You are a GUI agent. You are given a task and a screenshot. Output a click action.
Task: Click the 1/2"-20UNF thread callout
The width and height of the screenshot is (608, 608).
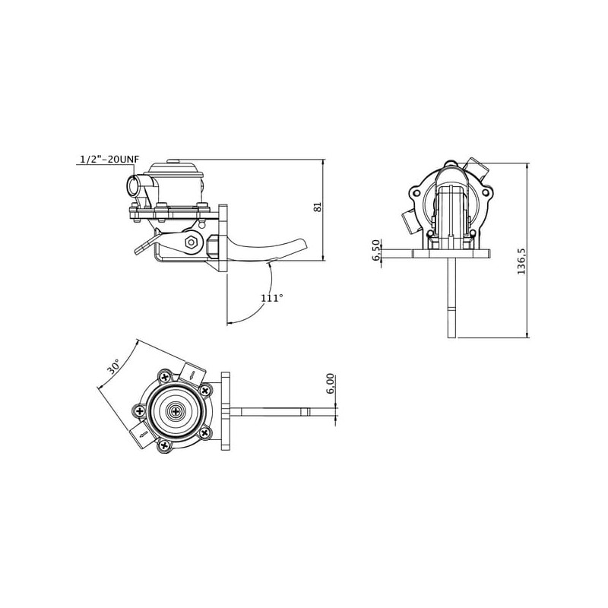click(109, 159)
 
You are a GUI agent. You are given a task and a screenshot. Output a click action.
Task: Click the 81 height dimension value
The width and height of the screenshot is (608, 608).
click(318, 207)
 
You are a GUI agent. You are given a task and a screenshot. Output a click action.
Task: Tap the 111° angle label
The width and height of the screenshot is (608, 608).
click(272, 298)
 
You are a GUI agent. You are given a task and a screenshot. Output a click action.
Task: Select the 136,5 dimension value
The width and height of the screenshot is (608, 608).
click(521, 261)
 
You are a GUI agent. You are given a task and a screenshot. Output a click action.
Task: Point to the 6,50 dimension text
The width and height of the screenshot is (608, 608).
click(375, 250)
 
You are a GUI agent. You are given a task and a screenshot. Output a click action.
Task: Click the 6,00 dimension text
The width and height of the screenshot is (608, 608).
click(331, 384)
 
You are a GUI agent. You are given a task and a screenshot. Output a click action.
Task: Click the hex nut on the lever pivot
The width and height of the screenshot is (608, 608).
click(191, 242)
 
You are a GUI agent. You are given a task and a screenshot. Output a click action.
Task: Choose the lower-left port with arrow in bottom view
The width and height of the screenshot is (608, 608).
click(141, 435)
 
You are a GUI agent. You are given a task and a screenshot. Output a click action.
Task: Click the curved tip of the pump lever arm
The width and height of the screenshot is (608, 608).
click(302, 244)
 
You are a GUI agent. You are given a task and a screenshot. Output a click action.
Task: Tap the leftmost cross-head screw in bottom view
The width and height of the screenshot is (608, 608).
click(140, 411)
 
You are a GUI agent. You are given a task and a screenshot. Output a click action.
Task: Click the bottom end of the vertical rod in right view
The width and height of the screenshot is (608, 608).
click(451, 337)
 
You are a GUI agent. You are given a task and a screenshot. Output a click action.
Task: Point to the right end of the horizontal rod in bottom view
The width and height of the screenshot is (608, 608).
click(334, 412)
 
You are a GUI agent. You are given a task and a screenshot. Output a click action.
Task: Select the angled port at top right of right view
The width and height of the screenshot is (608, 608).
click(477, 167)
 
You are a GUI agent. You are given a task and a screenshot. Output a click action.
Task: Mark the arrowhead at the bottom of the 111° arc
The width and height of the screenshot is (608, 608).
click(229, 322)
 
